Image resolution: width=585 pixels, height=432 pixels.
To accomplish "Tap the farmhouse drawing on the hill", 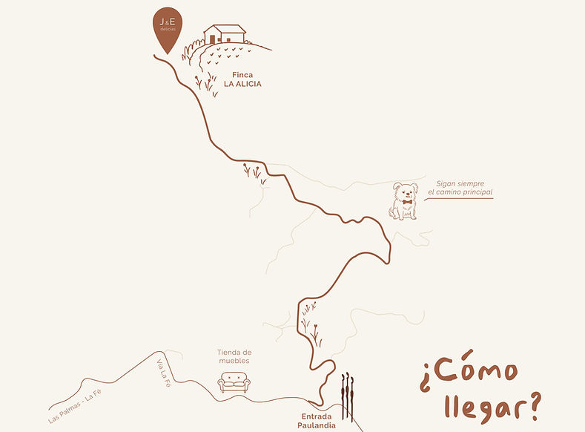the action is (x=225, y=35).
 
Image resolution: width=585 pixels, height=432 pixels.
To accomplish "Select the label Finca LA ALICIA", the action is (x=242, y=79).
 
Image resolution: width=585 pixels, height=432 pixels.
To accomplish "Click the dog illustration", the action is (x=404, y=201).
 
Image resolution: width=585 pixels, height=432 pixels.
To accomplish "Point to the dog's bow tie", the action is (x=404, y=201).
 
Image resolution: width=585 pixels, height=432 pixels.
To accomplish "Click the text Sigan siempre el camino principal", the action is (x=460, y=188).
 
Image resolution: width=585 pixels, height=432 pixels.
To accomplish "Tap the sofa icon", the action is (x=234, y=382).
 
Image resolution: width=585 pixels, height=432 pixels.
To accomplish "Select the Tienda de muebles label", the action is (x=234, y=356).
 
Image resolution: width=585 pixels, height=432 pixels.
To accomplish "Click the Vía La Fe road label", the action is (x=164, y=373).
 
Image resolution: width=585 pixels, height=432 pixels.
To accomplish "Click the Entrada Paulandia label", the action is (x=318, y=421).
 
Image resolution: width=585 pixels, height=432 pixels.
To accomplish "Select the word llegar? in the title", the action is (x=492, y=406).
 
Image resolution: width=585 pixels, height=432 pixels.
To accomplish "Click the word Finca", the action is (x=242, y=75).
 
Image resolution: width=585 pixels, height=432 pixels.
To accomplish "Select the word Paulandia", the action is (x=318, y=425).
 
